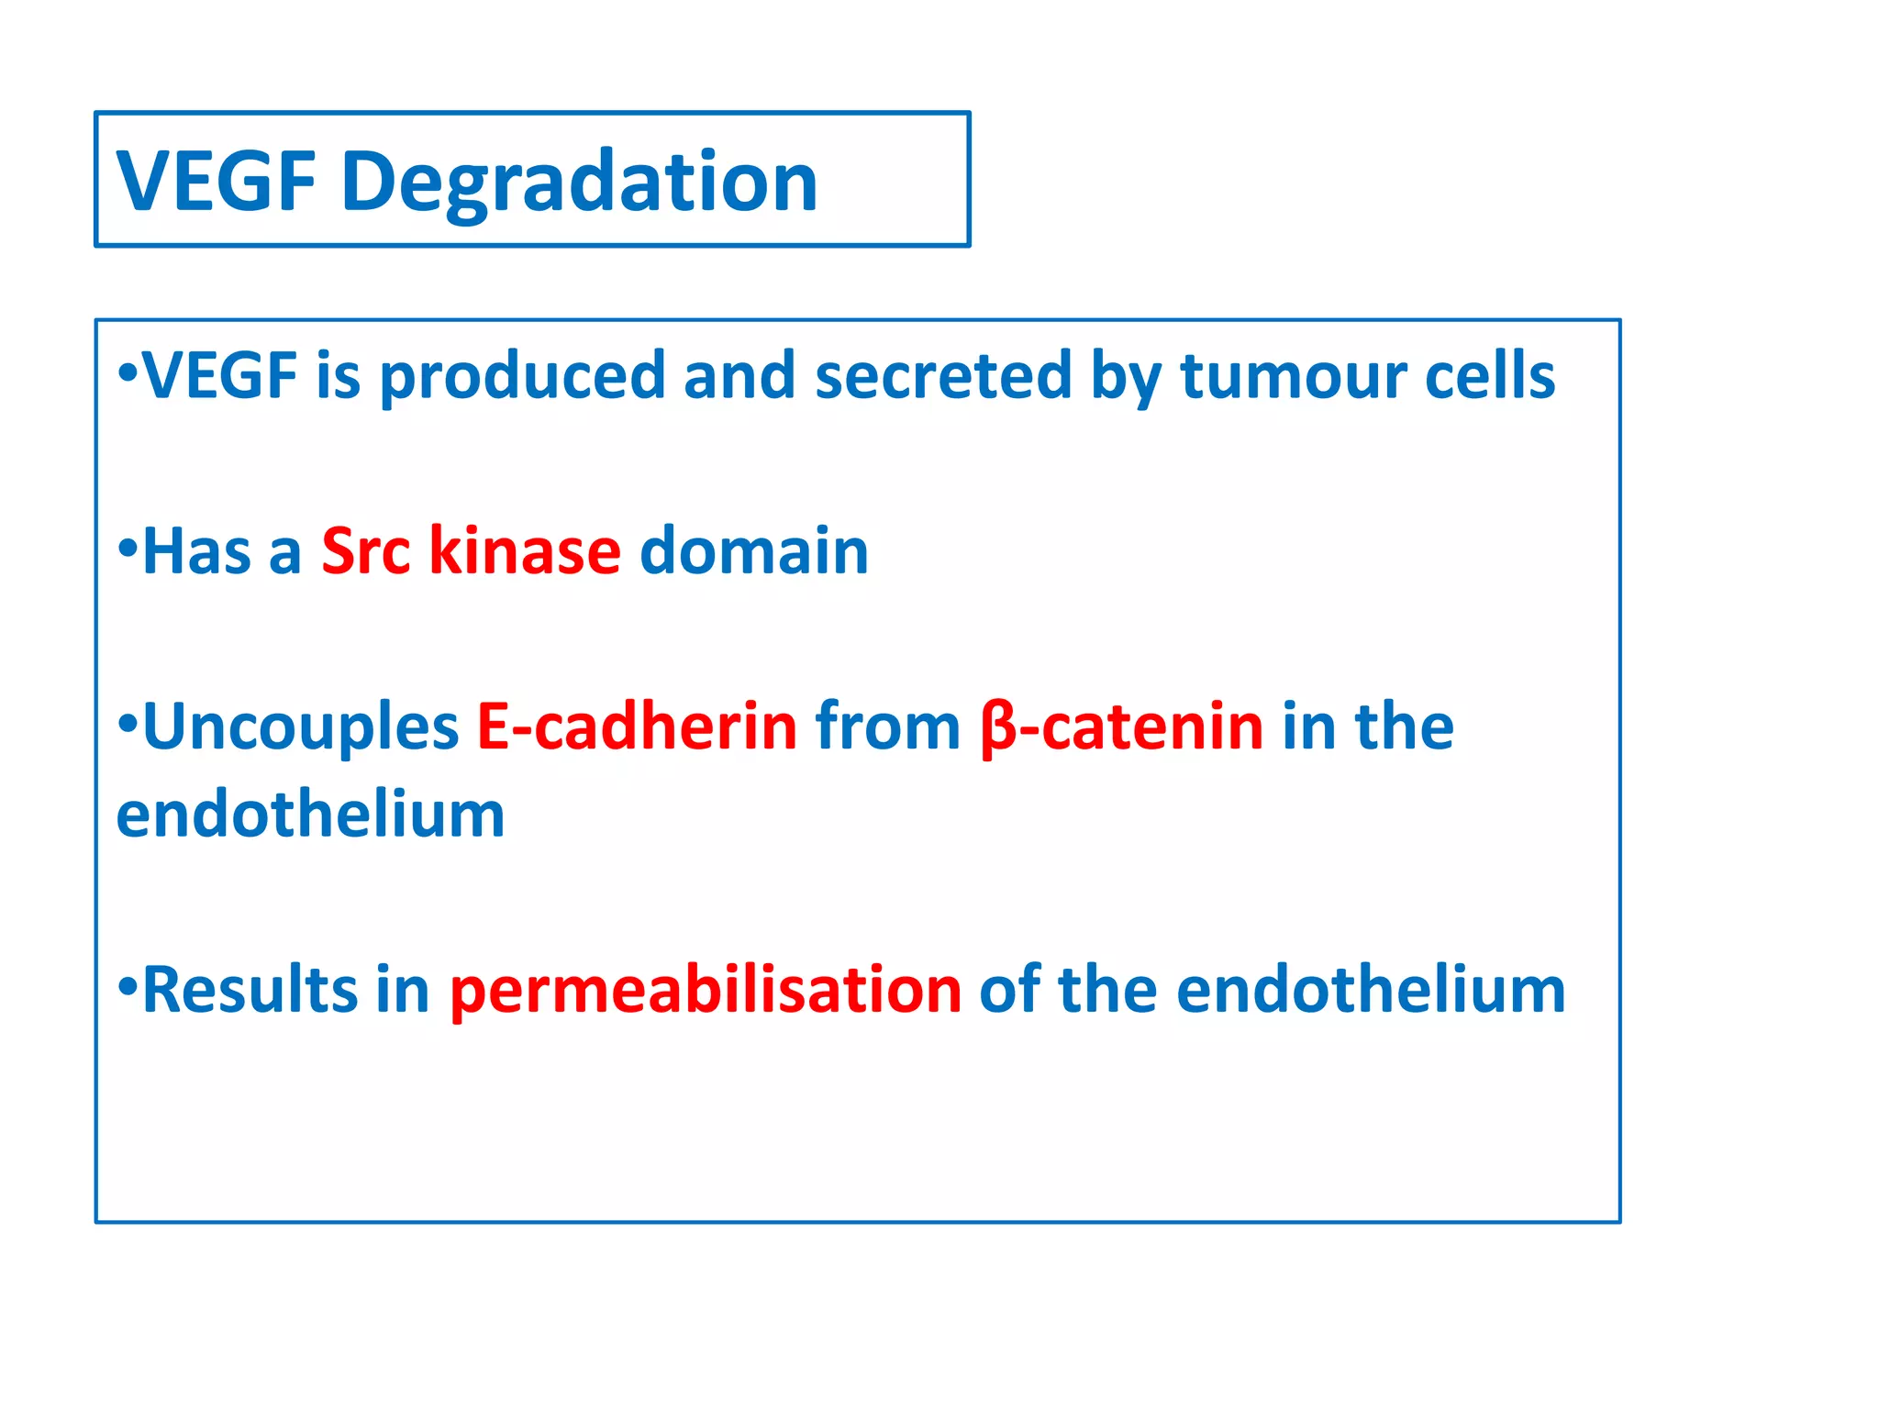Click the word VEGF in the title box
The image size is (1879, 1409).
coord(217,182)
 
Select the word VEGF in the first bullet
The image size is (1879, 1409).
coord(220,375)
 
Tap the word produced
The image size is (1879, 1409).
coord(522,377)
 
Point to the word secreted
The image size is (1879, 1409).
coord(942,375)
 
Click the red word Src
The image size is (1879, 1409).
coord(365,550)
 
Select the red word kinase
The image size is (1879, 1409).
coord(525,550)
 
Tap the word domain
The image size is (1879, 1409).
coord(753,550)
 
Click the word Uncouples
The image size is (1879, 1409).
coord(300,727)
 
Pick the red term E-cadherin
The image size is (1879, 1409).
coord(637,727)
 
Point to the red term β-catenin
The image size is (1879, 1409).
coord(1121,727)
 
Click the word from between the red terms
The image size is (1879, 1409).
coord(887,727)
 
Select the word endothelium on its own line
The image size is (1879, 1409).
coord(310,815)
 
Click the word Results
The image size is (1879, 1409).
coord(250,990)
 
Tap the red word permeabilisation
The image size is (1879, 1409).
coord(705,992)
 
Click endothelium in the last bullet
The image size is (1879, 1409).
coord(1370,990)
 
